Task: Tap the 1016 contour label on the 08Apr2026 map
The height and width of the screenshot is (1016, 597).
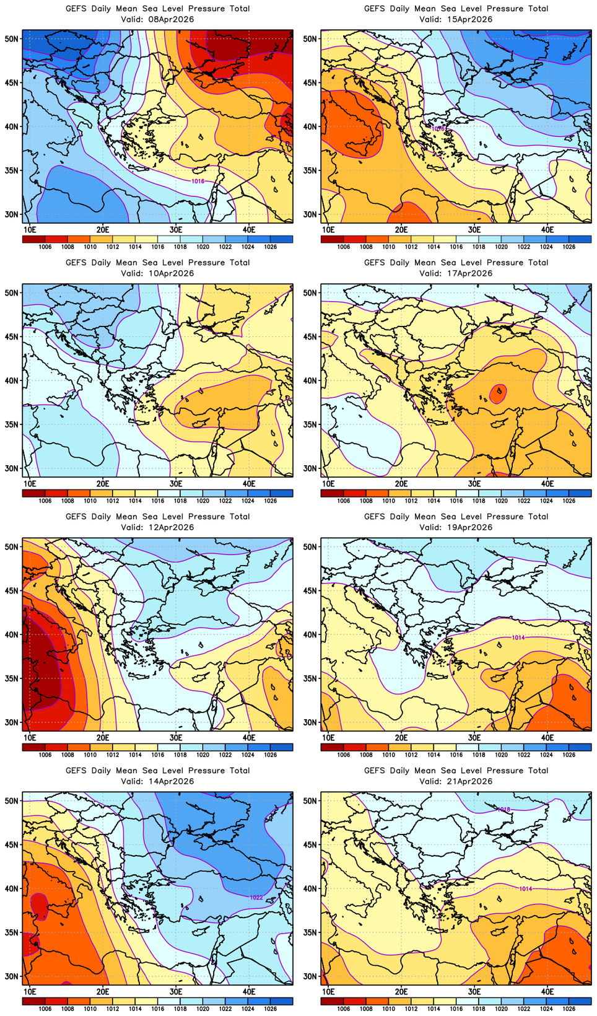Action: coord(198,182)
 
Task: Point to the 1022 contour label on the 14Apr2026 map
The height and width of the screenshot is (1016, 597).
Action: coord(256,897)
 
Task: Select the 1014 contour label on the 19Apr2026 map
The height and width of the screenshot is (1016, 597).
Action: coord(518,637)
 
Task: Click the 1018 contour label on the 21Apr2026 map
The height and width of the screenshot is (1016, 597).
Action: coord(504,809)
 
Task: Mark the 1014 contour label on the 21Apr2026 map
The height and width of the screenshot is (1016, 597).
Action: coord(525,889)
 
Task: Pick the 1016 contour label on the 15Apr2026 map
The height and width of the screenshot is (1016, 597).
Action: coord(438,128)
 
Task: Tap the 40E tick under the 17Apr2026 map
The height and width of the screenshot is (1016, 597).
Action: coord(547,484)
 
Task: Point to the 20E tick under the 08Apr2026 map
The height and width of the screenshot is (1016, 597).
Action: coord(103,230)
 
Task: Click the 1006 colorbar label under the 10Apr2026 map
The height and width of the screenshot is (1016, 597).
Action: coord(45,501)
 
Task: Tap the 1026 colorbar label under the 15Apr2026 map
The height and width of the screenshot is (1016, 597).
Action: coord(569,247)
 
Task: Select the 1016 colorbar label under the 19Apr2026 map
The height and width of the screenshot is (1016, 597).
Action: coord(456,755)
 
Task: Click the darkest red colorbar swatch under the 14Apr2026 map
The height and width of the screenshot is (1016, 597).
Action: coord(33,1001)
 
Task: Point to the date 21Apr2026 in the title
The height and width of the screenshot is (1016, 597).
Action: coord(468,781)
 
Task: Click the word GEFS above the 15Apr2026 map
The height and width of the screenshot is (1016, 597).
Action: coord(374,9)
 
